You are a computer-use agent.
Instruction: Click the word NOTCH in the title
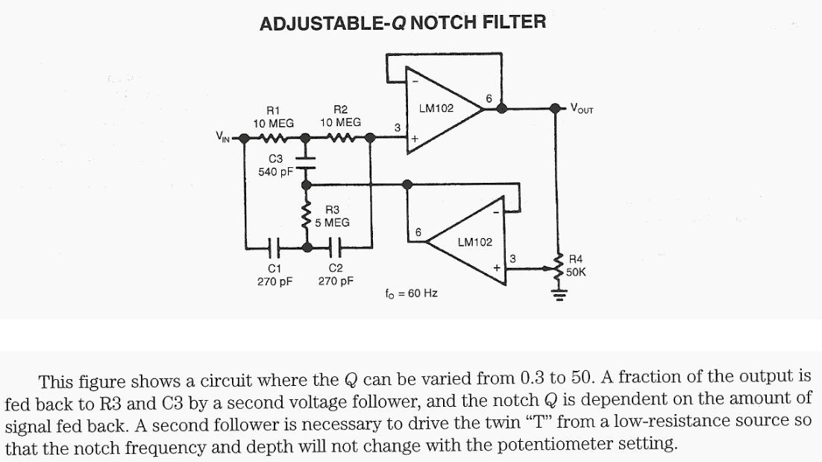point(442,22)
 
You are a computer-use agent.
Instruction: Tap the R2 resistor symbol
point(340,138)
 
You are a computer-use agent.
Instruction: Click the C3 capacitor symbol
point(305,163)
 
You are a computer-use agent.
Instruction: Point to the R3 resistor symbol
point(305,216)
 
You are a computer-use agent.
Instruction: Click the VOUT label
point(582,108)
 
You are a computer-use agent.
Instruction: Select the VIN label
point(223,137)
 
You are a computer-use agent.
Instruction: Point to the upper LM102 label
point(436,108)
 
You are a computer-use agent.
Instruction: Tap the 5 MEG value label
point(332,222)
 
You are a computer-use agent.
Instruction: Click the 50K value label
point(577,272)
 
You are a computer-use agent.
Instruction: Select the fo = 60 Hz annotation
point(411,293)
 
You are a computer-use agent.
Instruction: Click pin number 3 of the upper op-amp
point(398,128)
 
